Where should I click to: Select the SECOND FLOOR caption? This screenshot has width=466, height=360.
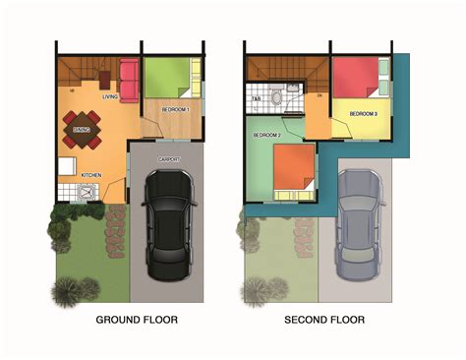(323, 320)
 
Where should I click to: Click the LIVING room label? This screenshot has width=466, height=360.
(109, 96)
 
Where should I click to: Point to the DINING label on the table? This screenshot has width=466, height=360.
(83, 128)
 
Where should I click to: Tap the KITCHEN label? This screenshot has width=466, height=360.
(91, 175)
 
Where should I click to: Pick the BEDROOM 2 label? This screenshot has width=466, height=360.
(266, 135)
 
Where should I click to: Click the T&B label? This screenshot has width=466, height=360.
(256, 98)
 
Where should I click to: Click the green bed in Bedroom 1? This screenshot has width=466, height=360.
(167, 77)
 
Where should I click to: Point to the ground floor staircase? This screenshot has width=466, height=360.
(80, 71)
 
